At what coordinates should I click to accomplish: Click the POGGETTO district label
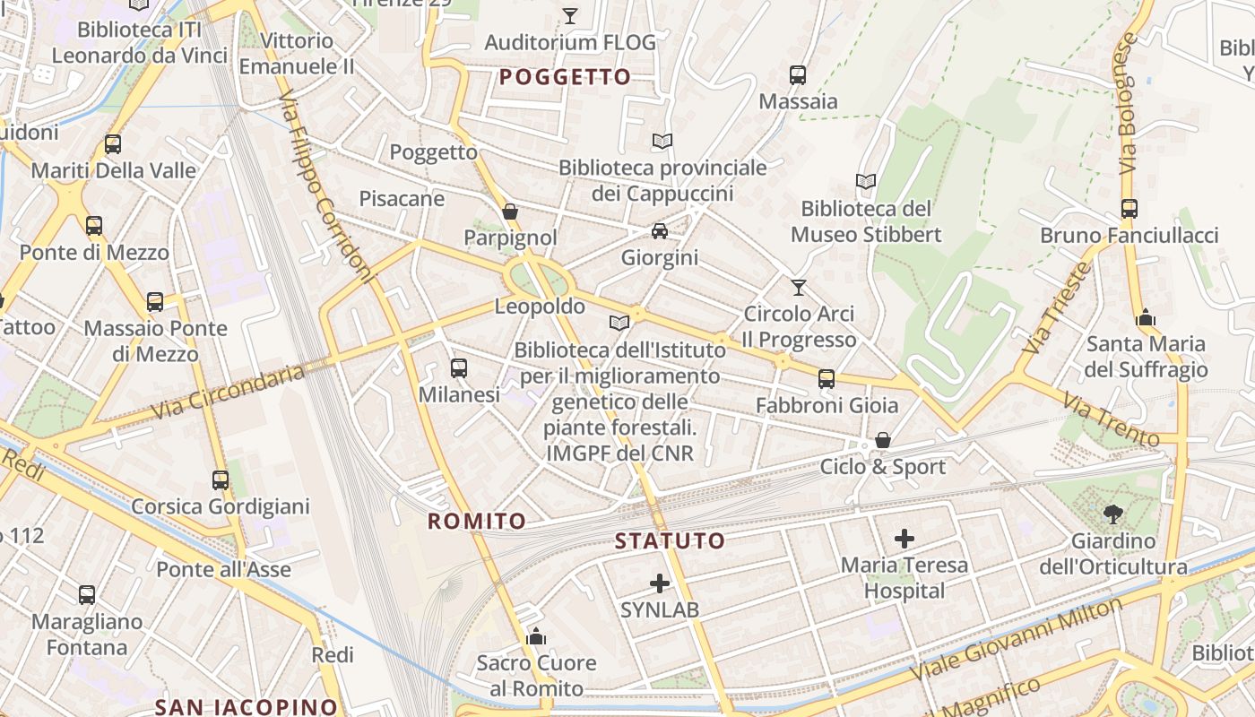(x=565, y=77)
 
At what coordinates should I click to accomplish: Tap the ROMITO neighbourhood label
(x=477, y=521)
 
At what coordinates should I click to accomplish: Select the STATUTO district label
(x=670, y=540)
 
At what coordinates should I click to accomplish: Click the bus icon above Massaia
(x=798, y=75)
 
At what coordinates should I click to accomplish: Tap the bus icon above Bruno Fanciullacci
(x=1129, y=209)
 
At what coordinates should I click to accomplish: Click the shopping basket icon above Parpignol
(x=510, y=212)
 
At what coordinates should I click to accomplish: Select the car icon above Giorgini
(x=660, y=231)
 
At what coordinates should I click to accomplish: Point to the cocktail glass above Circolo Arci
(x=799, y=288)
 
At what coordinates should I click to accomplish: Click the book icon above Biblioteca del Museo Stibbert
(x=865, y=182)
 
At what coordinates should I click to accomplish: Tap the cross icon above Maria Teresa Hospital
(x=904, y=539)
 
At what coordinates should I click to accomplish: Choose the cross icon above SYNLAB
(x=660, y=583)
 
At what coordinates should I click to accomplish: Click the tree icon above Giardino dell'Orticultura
(x=1113, y=514)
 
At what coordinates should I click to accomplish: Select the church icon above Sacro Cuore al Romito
(x=536, y=636)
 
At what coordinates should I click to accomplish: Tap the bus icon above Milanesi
(x=459, y=367)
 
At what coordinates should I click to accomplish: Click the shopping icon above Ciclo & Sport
(x=883, y=440)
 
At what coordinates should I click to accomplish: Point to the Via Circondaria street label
(x=229, y=391)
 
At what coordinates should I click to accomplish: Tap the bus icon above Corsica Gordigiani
(x=221, y=479)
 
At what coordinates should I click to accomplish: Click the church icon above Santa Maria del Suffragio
(x=1146, y=317)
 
